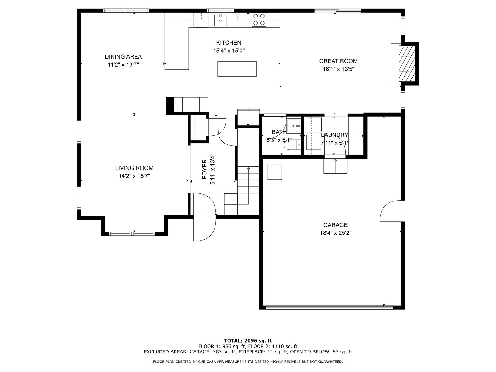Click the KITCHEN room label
228,43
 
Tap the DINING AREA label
123,56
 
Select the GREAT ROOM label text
338,61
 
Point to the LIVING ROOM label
134,168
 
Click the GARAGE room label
335,225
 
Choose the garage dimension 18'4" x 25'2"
335,233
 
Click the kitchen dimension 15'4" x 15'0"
229,51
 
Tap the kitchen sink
220,20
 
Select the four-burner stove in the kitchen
259,20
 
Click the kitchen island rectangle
237,69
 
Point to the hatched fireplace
407,64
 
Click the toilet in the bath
293,145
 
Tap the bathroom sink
294,126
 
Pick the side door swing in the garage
392,211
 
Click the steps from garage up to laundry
335,166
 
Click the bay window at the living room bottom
132,233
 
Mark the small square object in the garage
274,172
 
